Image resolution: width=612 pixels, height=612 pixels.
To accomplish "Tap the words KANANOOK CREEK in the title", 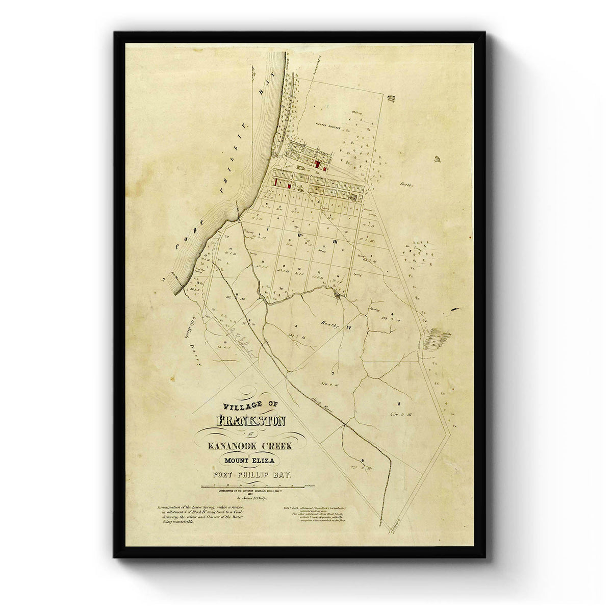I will tap(250, 446).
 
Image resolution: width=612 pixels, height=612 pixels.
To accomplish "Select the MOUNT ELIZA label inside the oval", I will tap(250, 461).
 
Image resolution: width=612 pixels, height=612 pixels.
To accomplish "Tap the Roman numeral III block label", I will tap(335, 242).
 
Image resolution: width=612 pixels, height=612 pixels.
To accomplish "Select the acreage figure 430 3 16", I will tap(402, 414).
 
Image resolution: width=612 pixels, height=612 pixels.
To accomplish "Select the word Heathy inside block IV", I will tap(330, 324).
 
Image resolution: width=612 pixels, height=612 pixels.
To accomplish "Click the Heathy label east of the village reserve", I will tap(406, 185).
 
